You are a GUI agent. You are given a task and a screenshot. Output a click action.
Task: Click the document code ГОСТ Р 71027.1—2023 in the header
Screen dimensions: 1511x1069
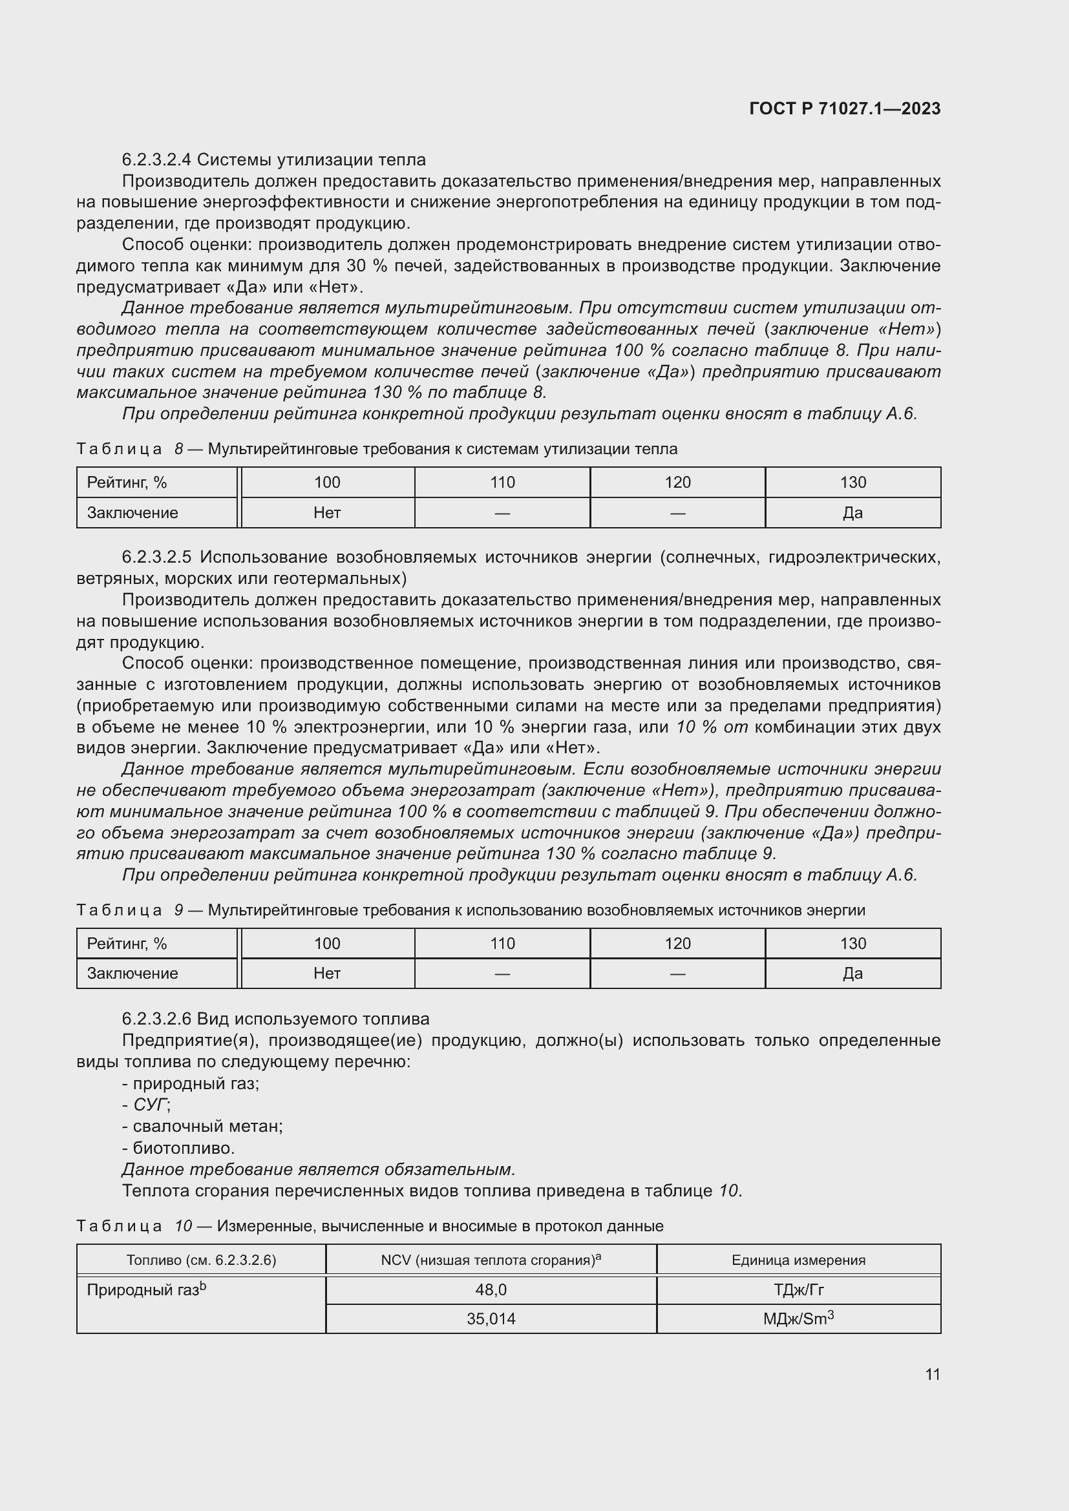click(x=845, y=109)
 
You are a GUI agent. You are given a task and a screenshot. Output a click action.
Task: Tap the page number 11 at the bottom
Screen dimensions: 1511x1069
click(x=932, y=1374)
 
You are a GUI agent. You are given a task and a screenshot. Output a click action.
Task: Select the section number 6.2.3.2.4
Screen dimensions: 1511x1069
click(x=156, y=160)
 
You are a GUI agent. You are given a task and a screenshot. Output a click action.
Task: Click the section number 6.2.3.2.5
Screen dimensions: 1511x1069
click(x=156, y=558)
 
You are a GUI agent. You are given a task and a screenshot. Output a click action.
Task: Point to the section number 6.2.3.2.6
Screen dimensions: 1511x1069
click(x=156, y=1019)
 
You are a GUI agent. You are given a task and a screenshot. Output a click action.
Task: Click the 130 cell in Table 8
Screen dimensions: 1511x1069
click(x=852, y=483)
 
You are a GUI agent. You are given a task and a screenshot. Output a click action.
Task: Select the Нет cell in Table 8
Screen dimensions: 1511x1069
click(x=327, y=513)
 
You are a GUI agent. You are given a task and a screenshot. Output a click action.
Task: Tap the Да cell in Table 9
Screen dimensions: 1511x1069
click(x=852, y=974)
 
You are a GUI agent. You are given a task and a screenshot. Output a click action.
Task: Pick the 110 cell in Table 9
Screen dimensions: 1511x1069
click(x=502, y=944)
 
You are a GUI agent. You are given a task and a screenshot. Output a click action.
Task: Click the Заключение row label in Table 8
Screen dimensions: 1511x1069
click(x=132, y=513)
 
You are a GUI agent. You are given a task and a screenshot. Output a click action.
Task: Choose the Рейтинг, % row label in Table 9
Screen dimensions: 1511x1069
click(x=127, y=944)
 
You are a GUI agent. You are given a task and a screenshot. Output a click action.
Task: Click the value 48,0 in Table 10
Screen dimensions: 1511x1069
click(x=491, y=1290)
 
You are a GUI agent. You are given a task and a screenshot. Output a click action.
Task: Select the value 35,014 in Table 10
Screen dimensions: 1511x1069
click(x=491, y=1319)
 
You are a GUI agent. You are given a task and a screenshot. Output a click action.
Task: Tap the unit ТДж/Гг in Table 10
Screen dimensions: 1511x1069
click(x=798, y=1290)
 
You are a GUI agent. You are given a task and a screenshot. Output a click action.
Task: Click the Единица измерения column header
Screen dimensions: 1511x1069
click(x=798, y=1260)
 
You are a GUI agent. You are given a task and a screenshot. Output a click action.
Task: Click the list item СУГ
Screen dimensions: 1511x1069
click(x=151, y=1104)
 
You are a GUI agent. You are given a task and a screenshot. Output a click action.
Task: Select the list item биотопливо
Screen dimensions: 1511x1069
click(x=183, y=1148)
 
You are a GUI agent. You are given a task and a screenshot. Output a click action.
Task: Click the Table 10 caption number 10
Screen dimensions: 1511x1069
click(x=183, y=1226)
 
